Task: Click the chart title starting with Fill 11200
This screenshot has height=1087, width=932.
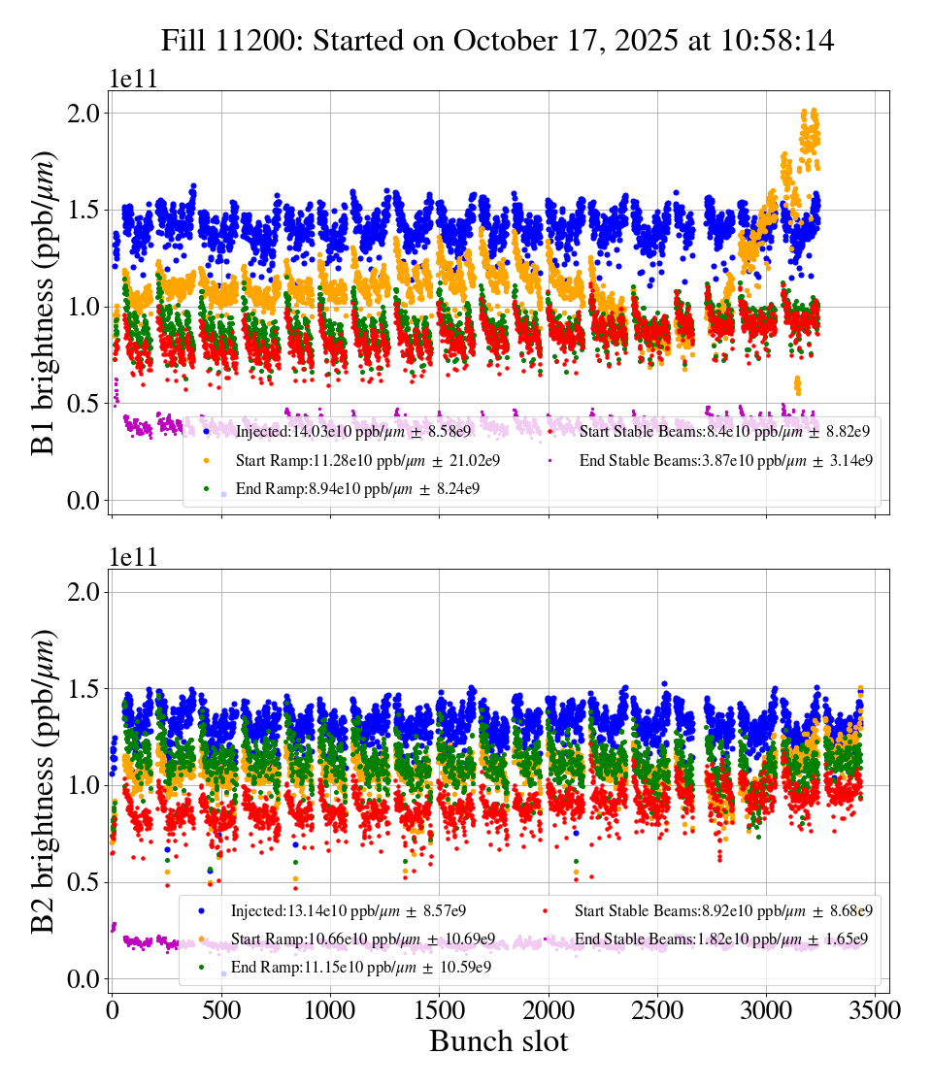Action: [497, 40]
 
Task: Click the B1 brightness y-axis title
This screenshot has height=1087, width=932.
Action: [44, 304]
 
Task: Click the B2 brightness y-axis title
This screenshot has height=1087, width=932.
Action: [44, 782]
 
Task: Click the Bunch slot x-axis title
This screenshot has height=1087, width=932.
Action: [498, 1041]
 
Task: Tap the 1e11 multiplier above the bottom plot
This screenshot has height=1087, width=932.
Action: [134, 558]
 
